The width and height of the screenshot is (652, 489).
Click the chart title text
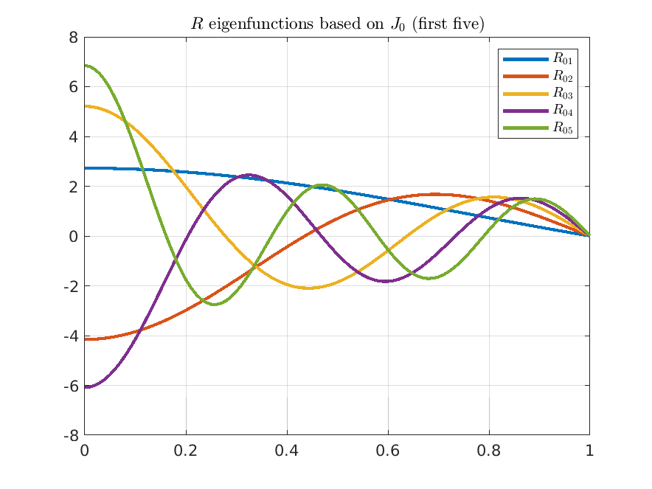point(337,24)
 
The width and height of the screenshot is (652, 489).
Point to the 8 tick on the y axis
point(73,37)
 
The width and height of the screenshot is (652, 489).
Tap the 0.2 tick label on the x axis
point(185,451)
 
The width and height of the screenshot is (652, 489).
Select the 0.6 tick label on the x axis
point(387,451)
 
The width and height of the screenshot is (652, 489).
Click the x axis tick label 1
point(589,451)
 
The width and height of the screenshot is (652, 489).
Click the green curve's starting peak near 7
point(86,66)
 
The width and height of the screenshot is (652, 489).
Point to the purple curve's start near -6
point(86,386)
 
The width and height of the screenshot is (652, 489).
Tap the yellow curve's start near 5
point(86,106)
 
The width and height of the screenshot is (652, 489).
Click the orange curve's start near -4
point(86,339)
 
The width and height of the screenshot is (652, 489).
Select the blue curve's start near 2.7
point(86,168)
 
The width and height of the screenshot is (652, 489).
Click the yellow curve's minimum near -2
point(309,288)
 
